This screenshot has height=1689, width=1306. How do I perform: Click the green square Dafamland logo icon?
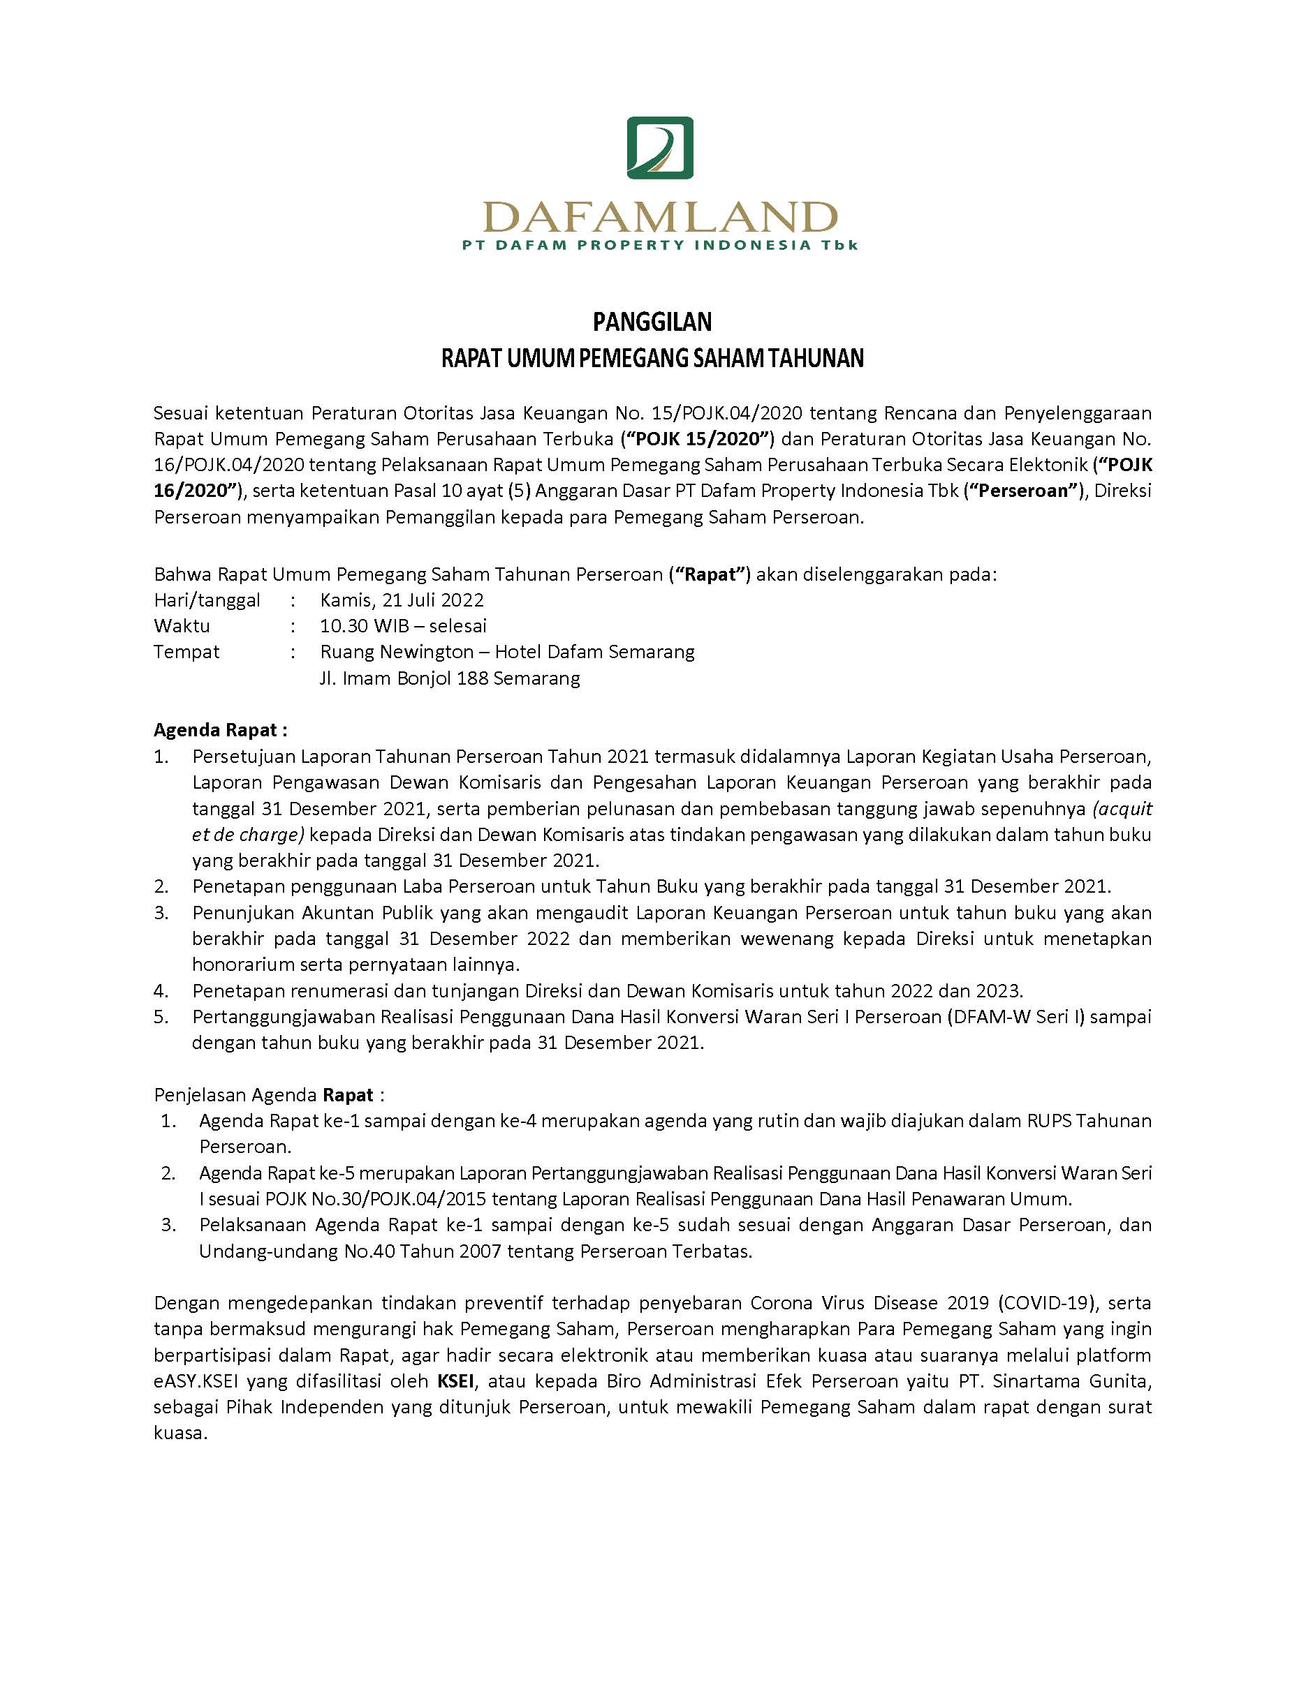click(x=659, y=148)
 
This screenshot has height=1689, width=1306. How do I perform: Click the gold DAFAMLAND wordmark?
click(x=659, y=217)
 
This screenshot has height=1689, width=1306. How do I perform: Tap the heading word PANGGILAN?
click(x=652, y=321)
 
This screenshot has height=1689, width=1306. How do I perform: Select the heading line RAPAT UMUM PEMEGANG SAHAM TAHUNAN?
click(x=652, y=359)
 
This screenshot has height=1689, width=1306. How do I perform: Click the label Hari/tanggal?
click(x=207, y=600)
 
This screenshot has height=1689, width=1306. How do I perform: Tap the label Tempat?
click(x=186, y=652)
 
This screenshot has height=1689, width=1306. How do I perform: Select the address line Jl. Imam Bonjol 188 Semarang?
click(x=450, y=679)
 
